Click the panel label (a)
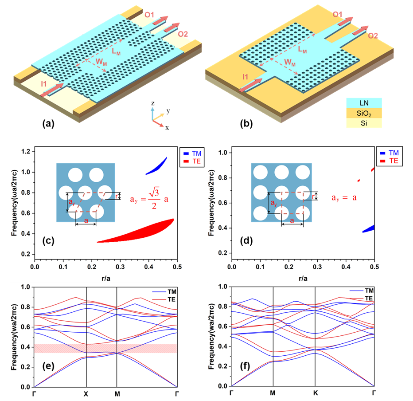click(x=48, y=123)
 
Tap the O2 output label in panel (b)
click(x=373, y=35)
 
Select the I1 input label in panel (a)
click(x=44, y=84)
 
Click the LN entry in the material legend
click(x=364, y=103)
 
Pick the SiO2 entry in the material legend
click(x=364, y=113)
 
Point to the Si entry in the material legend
click(x=364, y=123)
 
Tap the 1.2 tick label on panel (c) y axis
click(x=26, y=152)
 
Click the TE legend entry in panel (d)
click(x=390, y=161)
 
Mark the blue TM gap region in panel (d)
click(x=369, y=228)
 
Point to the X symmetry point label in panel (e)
click(x=86, y=394)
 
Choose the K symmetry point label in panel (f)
click(x=315, y=393)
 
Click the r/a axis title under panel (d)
click(x=303, y=279)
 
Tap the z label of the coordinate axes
click(x=153, y=103)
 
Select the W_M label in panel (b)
click(x=290, y=63)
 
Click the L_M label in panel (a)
click(x=116, y=51)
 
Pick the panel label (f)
click(x=246, y=366)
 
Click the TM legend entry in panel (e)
click(x=164, y=291)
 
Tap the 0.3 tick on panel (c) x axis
click(x=120, y=267)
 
